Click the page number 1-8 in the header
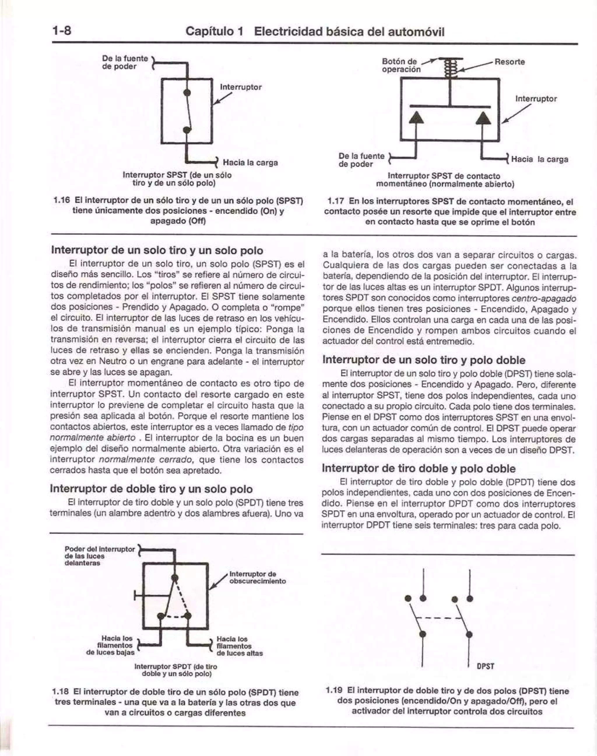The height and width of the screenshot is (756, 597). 62,31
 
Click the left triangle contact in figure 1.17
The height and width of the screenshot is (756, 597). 416,117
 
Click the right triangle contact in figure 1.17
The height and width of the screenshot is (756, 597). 484,117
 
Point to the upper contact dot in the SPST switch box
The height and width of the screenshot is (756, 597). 187,93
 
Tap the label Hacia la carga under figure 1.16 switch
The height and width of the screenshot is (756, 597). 250,163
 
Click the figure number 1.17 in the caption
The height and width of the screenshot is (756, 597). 336,202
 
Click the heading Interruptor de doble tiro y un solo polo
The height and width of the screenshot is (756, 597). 151,489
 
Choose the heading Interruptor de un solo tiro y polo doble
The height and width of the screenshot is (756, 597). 424,360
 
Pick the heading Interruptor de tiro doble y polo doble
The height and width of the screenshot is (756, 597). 418,468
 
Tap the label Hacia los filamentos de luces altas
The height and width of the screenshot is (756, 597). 239,646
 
